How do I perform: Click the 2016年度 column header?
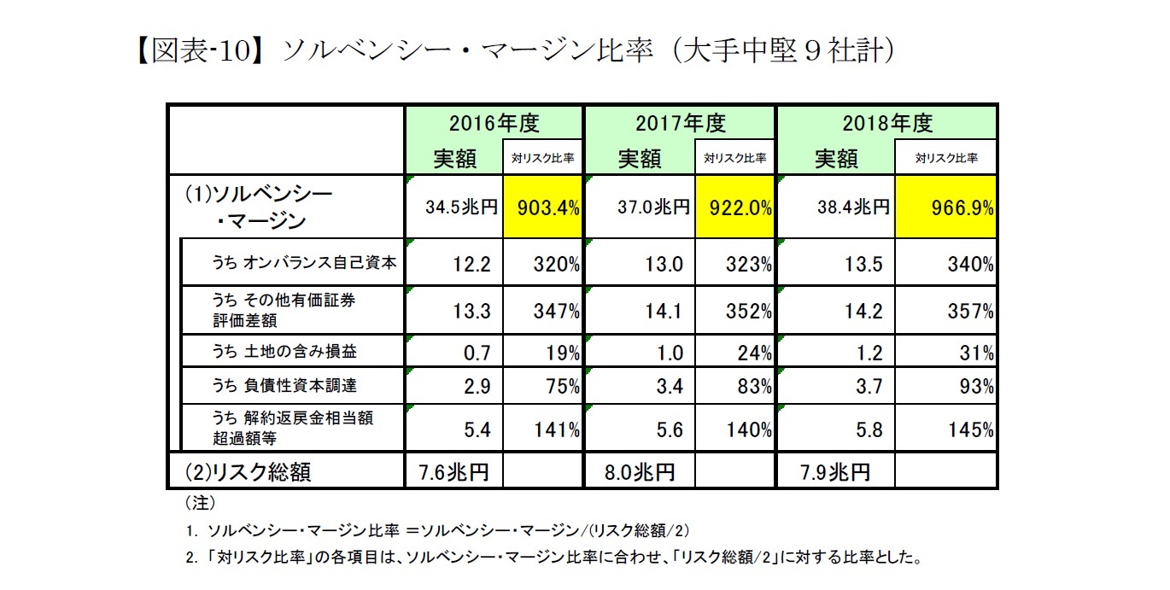494,123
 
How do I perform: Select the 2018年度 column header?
886,123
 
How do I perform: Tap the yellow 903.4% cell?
542,207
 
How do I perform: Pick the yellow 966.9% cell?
945,207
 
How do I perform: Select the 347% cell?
542,312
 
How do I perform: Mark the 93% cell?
945,387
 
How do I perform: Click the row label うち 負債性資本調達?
290,387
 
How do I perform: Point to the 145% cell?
945,430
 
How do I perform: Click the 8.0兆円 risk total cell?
641,471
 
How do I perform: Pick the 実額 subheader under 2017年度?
639,158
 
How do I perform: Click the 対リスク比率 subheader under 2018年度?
945,158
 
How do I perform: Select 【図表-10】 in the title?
200,50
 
